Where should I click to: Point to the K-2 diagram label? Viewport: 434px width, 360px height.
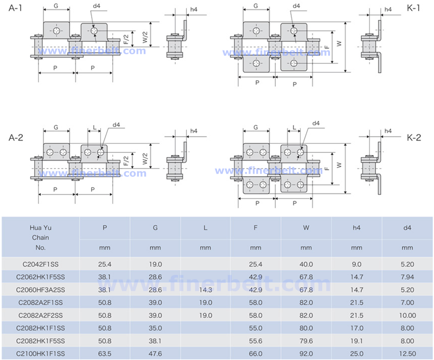414,138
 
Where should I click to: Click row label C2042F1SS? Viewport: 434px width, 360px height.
41,264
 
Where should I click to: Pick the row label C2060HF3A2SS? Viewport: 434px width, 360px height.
41,290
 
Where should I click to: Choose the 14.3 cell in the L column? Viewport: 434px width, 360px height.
205,290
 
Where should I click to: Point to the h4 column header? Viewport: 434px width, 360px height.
356,228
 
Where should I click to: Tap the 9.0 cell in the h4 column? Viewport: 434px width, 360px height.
356,264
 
